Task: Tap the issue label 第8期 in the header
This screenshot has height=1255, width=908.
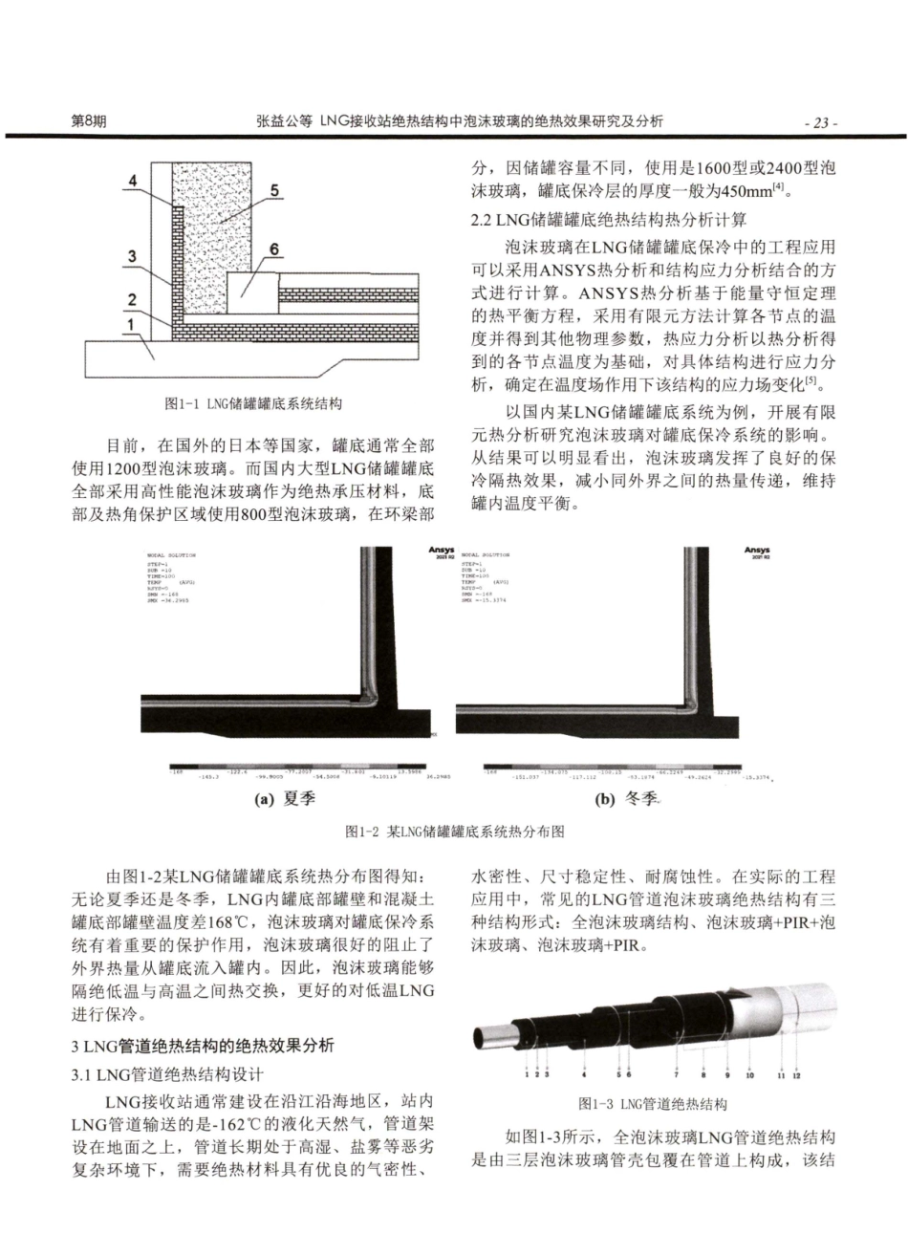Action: click(x=89, y=122)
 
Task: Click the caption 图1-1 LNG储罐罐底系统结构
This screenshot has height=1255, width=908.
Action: click(x=254, y=404)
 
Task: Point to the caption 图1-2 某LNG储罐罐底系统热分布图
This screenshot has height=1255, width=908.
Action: click(x=454, y=832)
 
